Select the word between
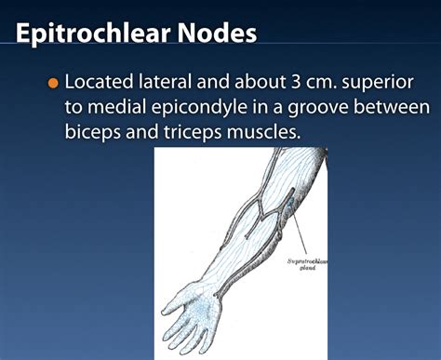pos(400,108)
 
